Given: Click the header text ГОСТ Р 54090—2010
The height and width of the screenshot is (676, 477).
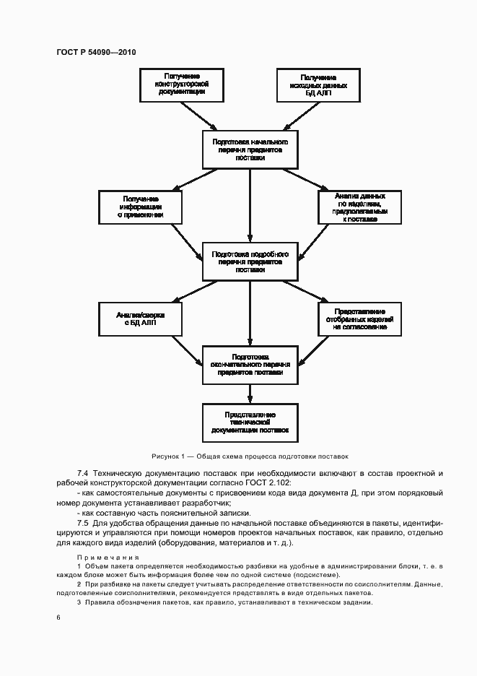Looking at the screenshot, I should (96, 52).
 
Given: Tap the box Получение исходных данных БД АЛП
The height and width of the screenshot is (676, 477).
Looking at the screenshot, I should (318, 84).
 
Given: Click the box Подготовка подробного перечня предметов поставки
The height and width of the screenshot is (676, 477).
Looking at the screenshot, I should (250, 261).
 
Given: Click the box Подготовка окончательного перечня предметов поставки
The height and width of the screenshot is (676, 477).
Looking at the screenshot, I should (250, 365).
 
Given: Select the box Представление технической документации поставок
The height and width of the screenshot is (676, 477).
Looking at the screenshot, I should (250, 422).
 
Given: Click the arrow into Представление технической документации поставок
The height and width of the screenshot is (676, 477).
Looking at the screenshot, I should (250, 394).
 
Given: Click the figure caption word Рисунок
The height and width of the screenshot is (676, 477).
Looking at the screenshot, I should (166, 456).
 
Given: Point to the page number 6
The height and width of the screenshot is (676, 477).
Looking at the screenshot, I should (58, 617).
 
